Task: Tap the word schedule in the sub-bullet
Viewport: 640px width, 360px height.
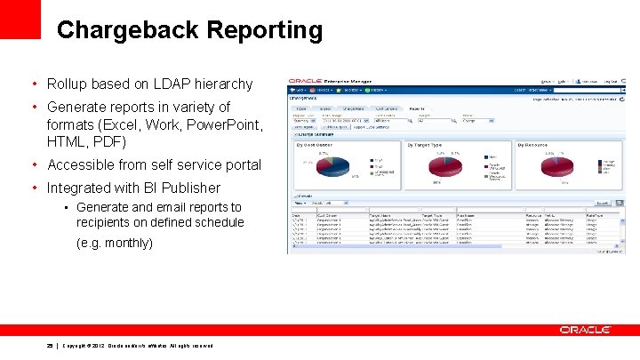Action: (218, 221)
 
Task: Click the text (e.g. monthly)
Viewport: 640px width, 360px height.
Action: (116, 242)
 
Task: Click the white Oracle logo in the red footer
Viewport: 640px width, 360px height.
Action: (584, 330)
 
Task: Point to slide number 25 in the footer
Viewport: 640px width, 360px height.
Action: (51, 346)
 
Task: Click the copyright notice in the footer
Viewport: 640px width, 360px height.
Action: (137, 346)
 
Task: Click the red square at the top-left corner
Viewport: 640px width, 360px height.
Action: (20, 19)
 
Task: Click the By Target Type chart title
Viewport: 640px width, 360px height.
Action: (429, 144)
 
